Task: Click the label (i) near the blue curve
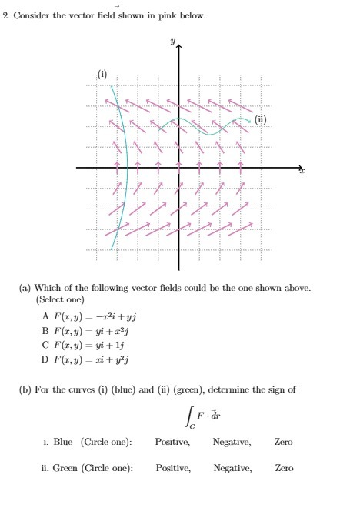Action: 102,74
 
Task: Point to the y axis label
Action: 173,38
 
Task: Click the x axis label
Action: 303,173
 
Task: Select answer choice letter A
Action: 45,316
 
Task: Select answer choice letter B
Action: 45,329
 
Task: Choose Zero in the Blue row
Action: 283,442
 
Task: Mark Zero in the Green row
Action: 283,467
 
